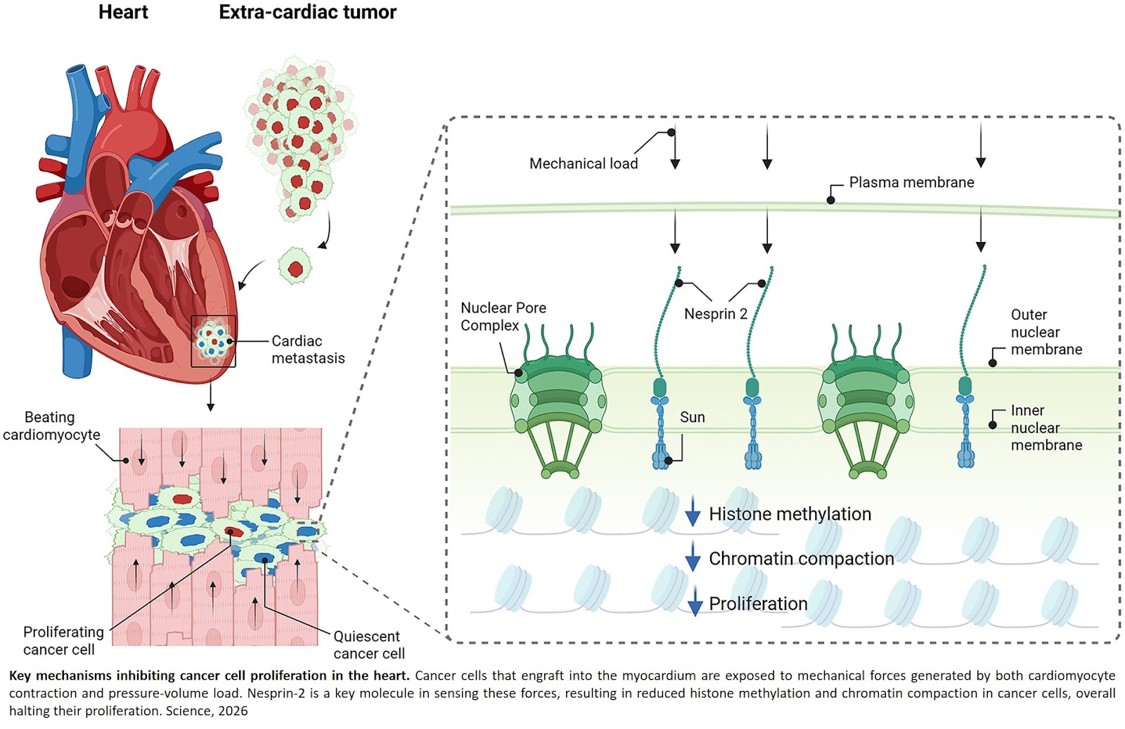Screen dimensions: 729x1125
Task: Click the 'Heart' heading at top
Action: coord(123,12)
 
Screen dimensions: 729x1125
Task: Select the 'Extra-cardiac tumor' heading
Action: coord(307,12)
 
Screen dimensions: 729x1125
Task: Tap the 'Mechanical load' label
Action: coord(583,163)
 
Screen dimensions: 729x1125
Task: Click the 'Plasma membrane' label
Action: coord(911,182)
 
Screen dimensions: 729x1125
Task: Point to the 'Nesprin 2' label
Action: coord(715,314)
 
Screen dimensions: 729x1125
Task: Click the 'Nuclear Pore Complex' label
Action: coord(503,317)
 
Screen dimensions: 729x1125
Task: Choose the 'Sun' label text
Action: coord(692,417)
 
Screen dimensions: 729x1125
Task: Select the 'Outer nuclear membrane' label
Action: coord(1046,331)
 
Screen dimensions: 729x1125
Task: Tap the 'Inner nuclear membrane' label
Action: coord(1046,427)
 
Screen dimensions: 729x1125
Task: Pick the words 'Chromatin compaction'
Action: coord(801,559)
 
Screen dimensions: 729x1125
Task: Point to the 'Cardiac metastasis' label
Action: coord(307,349)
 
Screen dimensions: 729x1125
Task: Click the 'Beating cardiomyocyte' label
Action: coord(51,426)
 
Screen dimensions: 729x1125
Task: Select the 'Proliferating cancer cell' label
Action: coord(63,640)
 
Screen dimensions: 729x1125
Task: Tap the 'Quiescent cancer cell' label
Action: coord(368,645)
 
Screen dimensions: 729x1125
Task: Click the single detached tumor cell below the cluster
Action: coord(295,267)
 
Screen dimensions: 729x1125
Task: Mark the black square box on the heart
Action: coord(213,341)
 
